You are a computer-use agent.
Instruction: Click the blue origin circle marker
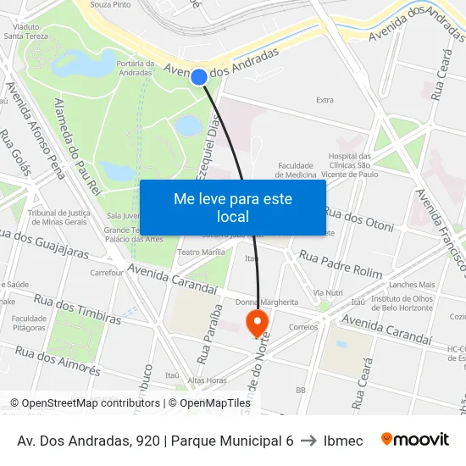pos(199,77)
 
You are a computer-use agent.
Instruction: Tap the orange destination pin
pos(256,322)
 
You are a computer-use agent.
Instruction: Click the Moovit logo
pos(414,440)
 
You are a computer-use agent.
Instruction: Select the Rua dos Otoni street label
pos(358,219)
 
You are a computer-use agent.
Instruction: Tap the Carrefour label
pos(107,273)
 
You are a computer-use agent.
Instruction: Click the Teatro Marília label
pos(201,252)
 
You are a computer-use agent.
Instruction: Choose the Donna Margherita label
pos(267,302)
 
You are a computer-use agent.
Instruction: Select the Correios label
pos(302,326)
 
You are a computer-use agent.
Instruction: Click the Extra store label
pos(325,100)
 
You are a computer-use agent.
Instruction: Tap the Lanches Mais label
pos(412,285)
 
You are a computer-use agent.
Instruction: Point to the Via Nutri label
pos(327,292)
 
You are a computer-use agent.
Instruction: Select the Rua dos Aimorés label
pos(58,361)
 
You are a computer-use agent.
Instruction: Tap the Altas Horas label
pos(207,380)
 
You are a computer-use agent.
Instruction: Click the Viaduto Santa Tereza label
pos(25,31)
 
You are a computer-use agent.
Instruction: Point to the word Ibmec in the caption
pos(343,441)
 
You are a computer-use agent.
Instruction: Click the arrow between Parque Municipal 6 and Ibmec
pos(308,441)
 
